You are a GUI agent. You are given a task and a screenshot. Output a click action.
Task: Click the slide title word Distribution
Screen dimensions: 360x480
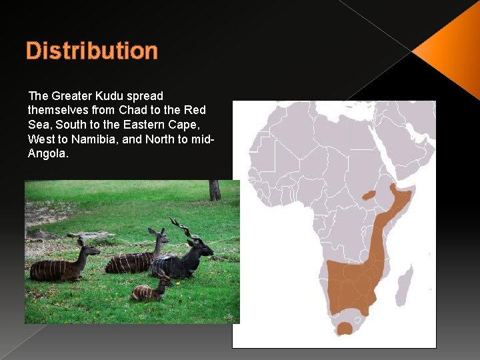point(91,51)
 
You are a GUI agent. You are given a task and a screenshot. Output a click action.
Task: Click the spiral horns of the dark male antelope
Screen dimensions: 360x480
point(181,227)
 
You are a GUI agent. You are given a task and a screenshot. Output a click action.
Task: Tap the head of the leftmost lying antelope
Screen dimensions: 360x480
point(87,247)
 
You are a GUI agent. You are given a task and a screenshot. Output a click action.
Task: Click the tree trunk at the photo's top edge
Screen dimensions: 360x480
point(214,190)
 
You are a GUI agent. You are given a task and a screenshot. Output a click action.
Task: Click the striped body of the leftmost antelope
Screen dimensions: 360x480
point(53,269)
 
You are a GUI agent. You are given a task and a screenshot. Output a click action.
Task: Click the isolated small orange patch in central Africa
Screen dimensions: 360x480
point(369,196)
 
